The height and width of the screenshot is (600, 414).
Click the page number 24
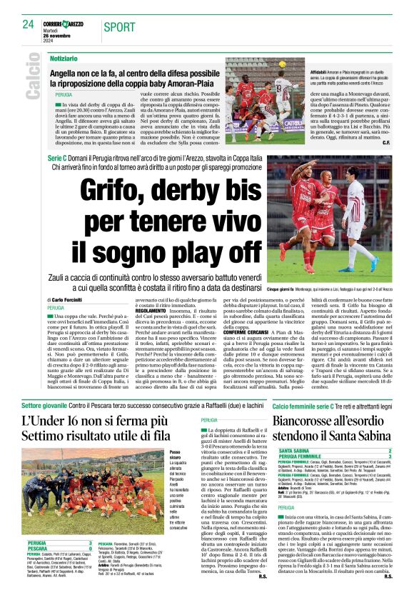[x=28, y=24]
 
